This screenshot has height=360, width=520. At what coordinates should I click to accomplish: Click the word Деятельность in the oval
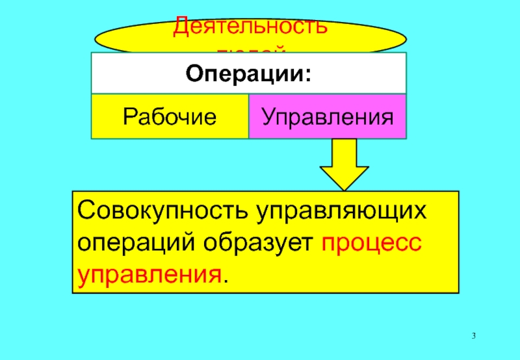(250, 27)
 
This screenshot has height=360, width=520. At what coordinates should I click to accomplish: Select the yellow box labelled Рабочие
(170, 117)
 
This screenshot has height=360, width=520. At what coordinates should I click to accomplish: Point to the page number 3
(474, 335)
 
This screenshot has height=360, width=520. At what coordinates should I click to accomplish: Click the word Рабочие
(170, 117)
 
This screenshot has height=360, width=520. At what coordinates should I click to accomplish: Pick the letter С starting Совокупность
(86, 212)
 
